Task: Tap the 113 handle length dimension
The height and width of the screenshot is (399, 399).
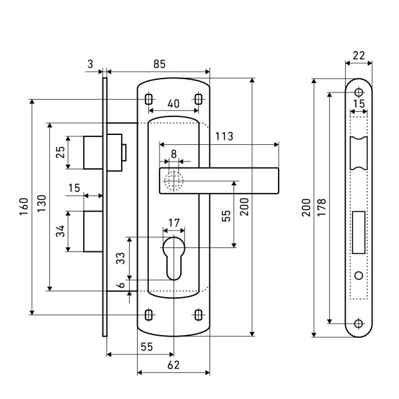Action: click(x=224, y=136)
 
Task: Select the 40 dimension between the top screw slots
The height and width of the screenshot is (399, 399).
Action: click(x=173, y=103)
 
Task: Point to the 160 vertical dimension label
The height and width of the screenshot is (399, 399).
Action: click(x=22, y=206)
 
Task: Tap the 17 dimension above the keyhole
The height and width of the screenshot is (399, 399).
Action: click(x=174, y=222)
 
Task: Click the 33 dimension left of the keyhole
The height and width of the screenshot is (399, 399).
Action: click(x=121, y=259)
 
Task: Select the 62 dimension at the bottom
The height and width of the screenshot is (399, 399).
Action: click(x=174, y=365)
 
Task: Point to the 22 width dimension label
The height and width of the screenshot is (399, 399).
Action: click(x=358, y=55)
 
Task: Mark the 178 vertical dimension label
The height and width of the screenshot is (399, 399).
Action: click(x=322, y=207)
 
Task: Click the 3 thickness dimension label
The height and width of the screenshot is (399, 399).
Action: click(x=90, y=64)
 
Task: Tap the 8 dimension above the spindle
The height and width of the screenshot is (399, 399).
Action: click(x=174, y=153)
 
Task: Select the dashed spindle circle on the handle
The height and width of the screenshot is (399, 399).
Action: click(x=174, y=181)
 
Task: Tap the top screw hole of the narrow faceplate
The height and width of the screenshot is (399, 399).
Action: click(x=358, y=91)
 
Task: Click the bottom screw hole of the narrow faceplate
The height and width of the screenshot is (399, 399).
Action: click(x=358, y=324)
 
